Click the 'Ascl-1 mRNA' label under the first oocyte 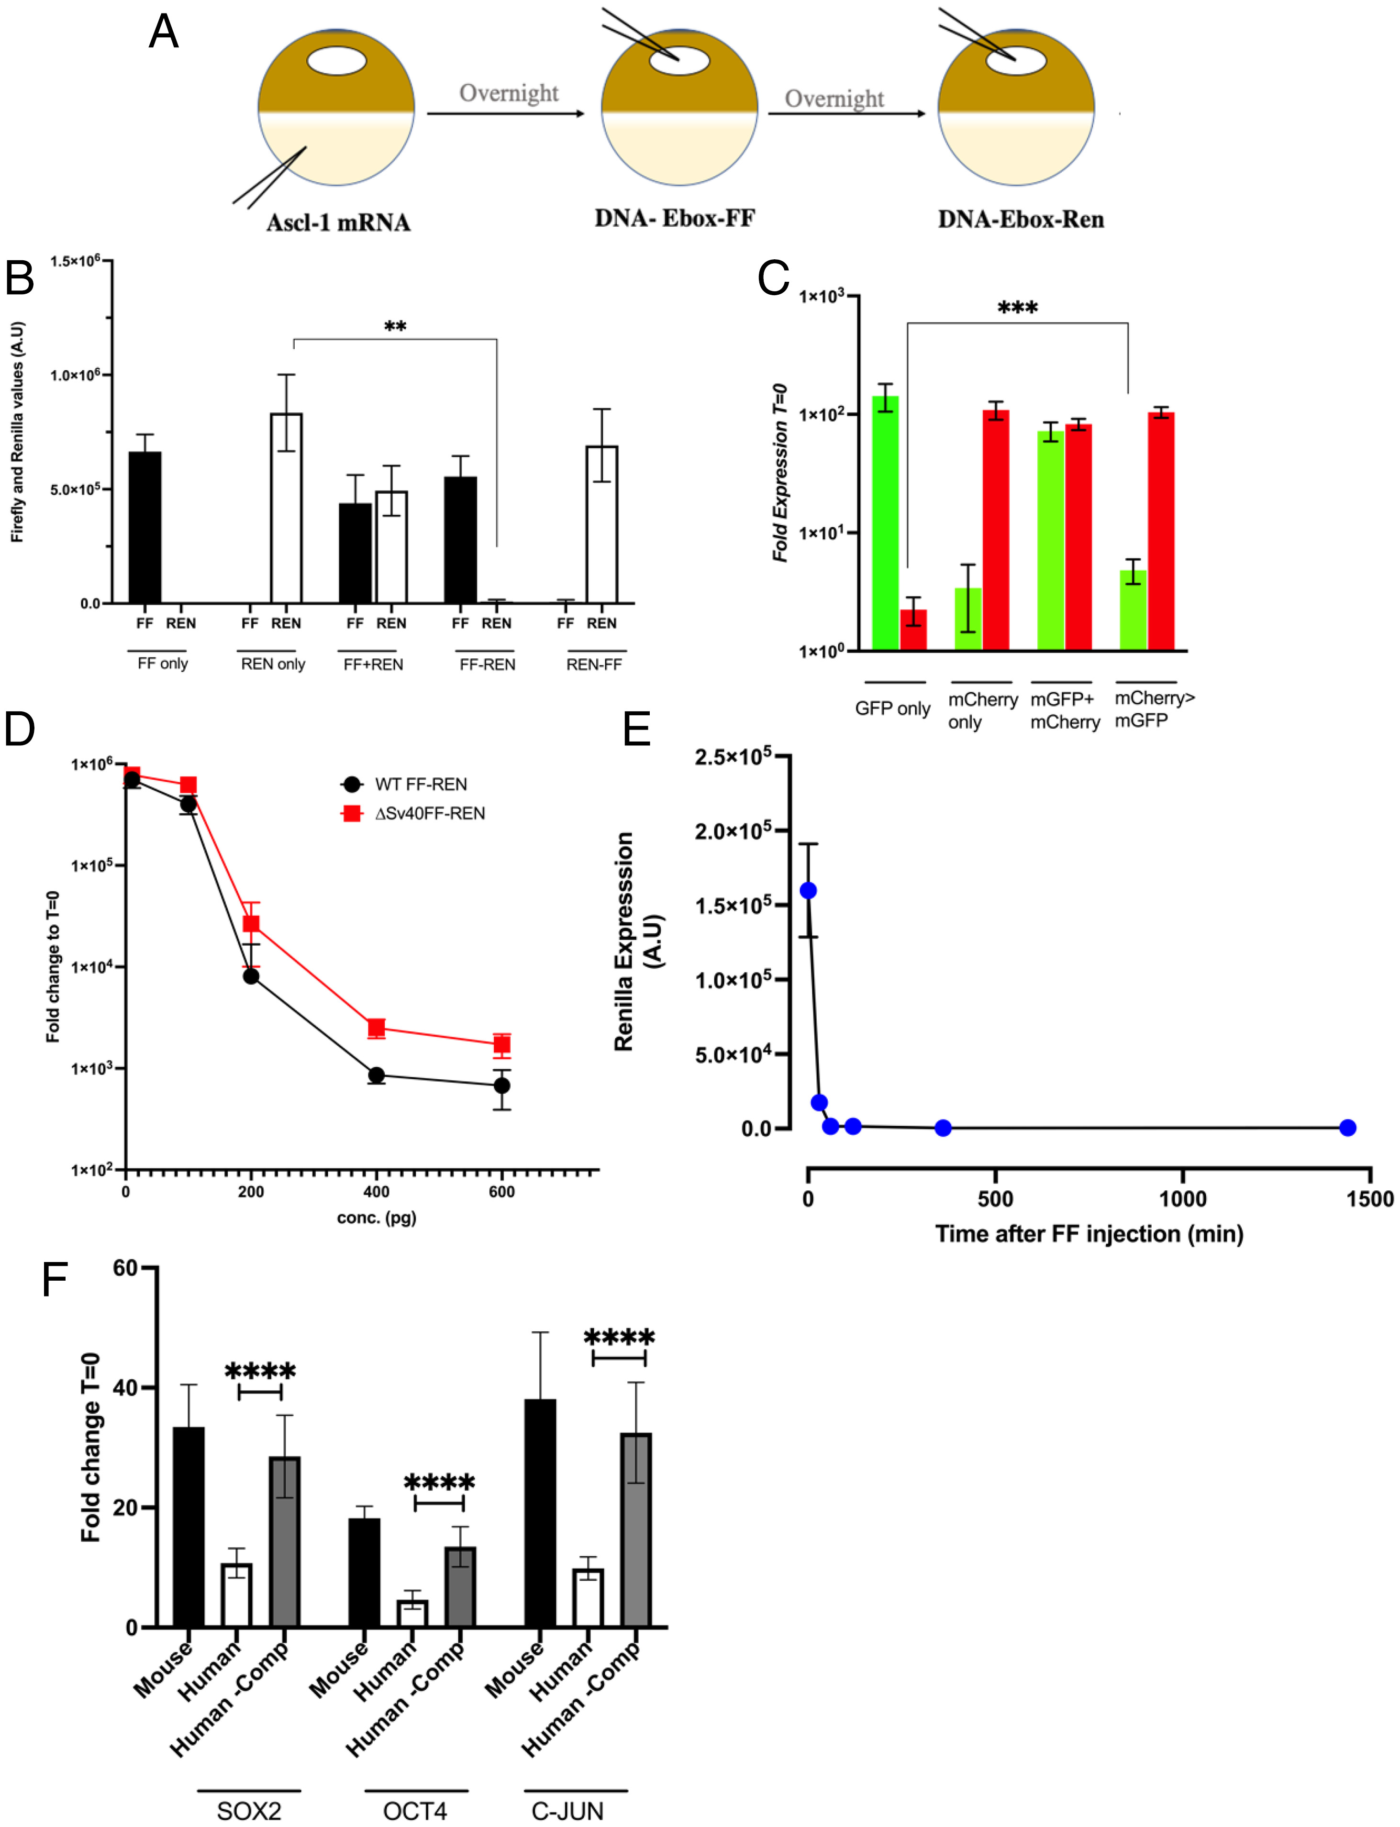[x=338, y=222]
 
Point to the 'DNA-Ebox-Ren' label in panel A [x=1021, y=219]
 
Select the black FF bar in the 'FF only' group [x=145, y=527]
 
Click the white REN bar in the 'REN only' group [x=286, y=508]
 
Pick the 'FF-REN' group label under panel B [x=488, y=664]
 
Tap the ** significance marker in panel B [x=395, y=327]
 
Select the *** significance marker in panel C [x=1018, y=308]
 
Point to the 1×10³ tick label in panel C [x=821, y=297]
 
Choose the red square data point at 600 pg [x=501, y=1045]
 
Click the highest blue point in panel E [x=808, y=891]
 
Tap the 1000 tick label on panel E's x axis [x=1182, y=1199]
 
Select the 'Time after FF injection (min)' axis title [x=1089, y=1234]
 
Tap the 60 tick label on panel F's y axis [x=125, y=1268]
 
